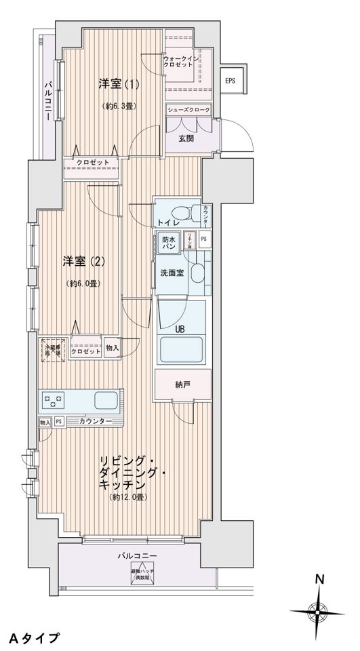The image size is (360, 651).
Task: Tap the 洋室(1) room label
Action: (x=119, y=85)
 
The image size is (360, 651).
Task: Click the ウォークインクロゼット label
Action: (x=182, y=63)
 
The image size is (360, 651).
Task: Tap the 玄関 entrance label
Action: (x=186, y=138)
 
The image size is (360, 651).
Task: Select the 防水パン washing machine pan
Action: (x=169, y=243)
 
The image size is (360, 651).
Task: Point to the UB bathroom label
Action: (x=180, y=330)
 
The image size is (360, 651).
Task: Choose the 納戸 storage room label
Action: (x=182, y=385)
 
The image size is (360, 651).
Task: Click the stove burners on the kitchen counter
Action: (x=54, y=400)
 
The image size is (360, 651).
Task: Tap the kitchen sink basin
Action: (x=106, y=400)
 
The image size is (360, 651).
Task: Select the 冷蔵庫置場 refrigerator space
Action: (x=52, y=349)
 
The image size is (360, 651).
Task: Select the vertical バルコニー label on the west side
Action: (x=48, y=100)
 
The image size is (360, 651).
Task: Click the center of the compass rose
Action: (x=317, y=612)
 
